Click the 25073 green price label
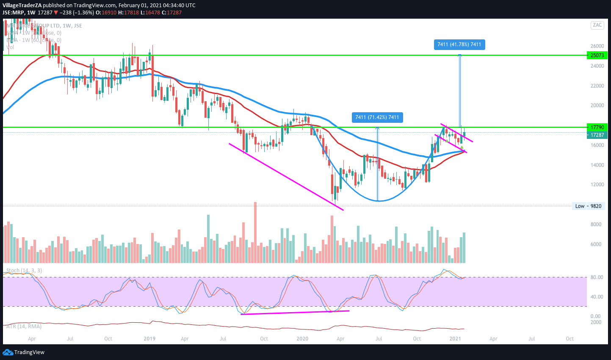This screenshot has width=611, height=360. [597, 55]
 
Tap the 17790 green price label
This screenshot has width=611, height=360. [597, 127]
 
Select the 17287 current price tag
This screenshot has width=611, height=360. [597, 135]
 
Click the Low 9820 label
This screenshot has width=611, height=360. [588, 206]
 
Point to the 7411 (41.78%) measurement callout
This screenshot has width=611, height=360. [459, 44]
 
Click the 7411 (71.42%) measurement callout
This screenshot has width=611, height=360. [377, 117]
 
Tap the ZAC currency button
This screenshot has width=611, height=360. [597, 25]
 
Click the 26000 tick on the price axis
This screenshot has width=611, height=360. [597, 46]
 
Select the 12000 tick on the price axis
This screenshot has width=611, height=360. [597, 185]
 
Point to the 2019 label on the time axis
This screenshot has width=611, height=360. [149, 339]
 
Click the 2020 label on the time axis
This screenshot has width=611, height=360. [302, 339]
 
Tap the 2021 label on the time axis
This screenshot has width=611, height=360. [455, 339]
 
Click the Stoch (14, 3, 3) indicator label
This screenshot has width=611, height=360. [24, 271]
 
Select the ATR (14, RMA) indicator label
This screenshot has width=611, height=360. [24, 327]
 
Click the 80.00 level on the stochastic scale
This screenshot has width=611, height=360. [597, 277]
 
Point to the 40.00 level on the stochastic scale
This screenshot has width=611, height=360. [597, 297]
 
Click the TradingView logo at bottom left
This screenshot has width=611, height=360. [24, 352]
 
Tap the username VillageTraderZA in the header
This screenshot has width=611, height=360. [22, 6]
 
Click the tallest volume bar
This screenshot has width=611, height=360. [255, 233]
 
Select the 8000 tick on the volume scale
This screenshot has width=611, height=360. [596, 224]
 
